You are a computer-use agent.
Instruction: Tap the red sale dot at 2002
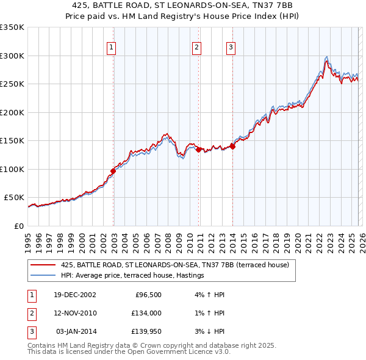113,171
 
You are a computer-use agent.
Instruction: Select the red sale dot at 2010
198,148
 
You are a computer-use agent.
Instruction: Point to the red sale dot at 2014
232,146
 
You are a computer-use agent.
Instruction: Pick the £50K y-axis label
13,198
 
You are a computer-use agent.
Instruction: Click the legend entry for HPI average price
132,276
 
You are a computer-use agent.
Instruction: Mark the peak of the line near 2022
327,57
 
